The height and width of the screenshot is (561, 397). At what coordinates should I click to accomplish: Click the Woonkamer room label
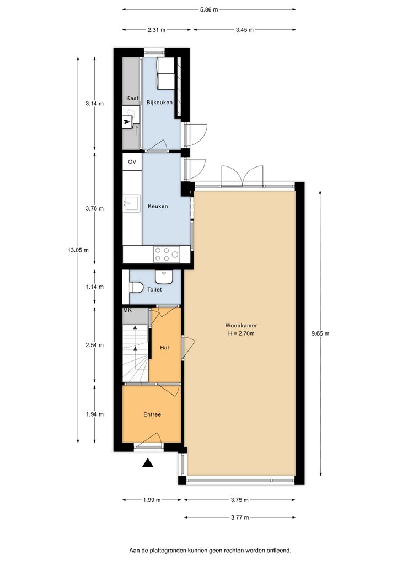pos(241,326)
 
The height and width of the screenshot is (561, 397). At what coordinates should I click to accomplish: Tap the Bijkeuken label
pos(159,103)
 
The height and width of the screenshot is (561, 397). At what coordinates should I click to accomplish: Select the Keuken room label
pos(158,206)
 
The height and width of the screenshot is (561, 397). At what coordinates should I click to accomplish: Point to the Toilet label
pos(154,289)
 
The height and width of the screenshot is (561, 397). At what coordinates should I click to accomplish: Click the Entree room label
pos(152,414)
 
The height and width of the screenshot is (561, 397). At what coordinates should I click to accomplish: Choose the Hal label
pos(164,347)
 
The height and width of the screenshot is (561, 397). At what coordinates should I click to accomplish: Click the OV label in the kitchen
pos(132,161)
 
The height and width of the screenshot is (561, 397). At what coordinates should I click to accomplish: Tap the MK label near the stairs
pos(127,310)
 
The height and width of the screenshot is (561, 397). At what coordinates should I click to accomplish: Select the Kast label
pos(132,98)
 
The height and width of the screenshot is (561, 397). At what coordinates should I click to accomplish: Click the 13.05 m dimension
pos(78,250)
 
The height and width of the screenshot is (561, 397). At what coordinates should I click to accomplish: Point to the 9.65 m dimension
pos(320,333)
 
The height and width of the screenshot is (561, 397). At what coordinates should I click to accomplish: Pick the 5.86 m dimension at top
pos(209,10)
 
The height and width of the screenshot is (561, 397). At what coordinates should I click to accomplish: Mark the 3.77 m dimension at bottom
pos(239,517)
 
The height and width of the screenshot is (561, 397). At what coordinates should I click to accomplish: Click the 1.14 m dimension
pos(94,287)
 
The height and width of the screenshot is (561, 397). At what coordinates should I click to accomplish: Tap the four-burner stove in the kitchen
pos(167,255)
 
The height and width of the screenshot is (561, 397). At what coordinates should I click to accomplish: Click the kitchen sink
pos(131,203)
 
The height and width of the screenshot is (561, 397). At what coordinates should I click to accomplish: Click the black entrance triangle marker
pos(148,463)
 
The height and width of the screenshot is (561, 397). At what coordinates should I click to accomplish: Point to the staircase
pos(135,353)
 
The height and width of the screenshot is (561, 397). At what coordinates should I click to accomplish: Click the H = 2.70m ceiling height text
pos(241,333)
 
